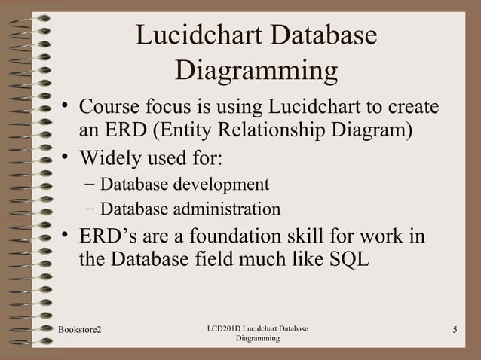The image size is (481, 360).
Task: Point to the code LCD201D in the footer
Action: tap(224, 330)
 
